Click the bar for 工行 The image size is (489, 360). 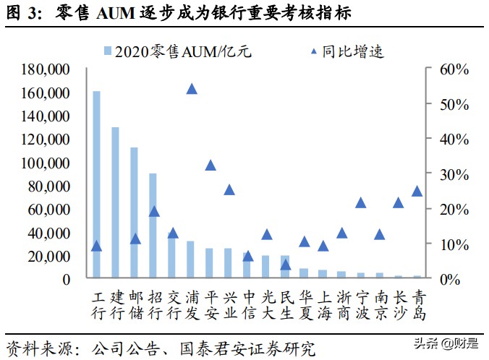point(96,184)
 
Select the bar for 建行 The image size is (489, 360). point(115,202)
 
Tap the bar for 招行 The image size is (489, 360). point(153,226)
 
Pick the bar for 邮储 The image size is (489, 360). point(134,213)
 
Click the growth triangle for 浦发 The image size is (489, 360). point(192,89)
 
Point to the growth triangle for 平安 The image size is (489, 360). point(211,166)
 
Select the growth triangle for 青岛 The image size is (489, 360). point(417,192)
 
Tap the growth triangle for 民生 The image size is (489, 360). point(286,265)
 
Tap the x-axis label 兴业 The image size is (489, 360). point(229,305)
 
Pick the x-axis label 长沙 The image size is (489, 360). point(398,305)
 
